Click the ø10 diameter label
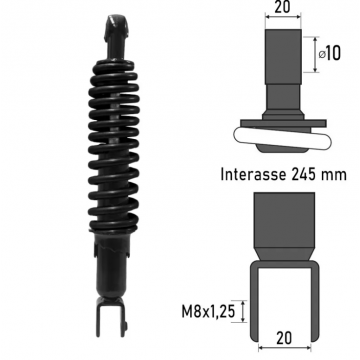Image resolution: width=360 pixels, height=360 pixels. click(330, 54)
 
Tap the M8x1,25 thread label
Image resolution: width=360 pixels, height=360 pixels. click(208, 312)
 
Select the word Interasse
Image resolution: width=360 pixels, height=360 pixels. click(253, 175)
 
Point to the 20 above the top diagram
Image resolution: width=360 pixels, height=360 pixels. click(282, 7)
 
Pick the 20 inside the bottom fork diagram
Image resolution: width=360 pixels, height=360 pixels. click(284, 338)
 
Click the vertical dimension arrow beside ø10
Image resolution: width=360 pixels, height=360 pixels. click(315, 54)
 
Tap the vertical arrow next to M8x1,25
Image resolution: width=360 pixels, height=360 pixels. click(243, 311)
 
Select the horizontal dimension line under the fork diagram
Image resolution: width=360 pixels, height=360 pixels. click(285, 348)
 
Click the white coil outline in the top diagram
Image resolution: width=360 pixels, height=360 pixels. click(283, 139)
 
